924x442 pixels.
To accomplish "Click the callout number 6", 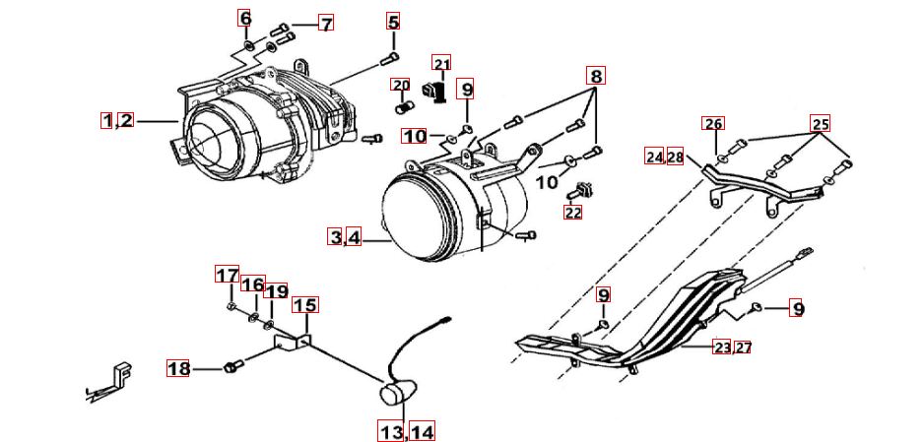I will click(x=245, y=19).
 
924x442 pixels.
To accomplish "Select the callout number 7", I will click(x=326, y=23).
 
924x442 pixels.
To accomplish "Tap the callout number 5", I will click(x=393, y=22).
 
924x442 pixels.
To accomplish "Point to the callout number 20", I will click(x=400, y=85).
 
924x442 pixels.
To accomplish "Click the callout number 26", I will click(x=712, y=124).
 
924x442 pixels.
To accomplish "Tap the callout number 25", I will click(x=821, y=124).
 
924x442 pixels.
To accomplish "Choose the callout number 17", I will click(x=228, y=275).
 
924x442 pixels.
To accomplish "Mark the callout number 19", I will click(x=277, y=291).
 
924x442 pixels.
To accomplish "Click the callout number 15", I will click(x=304, y=306).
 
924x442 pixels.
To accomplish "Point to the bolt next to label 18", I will click(x=233, y=367).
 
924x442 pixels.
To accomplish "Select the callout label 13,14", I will click(x=407, y=430).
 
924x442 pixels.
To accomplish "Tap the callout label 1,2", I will click(x=116, y=120).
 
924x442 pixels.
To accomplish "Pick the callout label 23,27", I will click(x=733, y=347).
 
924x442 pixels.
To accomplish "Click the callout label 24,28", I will click(x=665, y=157).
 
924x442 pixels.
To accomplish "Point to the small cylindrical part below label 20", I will click(x=403, y=104).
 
